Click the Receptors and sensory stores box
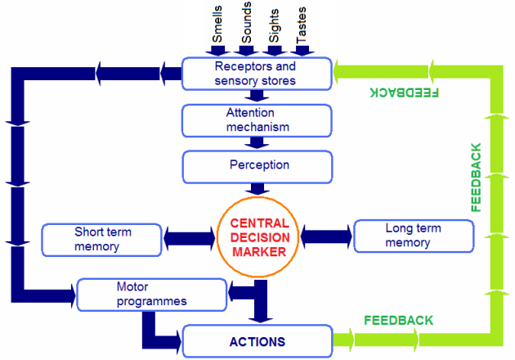[x=257, y=74]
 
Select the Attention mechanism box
[x=257, y=120]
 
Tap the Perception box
[x=257, y=167]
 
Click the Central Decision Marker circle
[x=257, y=237]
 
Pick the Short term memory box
[x=101, y=240]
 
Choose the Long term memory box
[x=414, y=236]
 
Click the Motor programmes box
[x=152, y=295]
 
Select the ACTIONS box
[x=257, y=341]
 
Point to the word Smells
[x=217, y=24]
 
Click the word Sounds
[x=246, y=22]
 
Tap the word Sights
[x=274, y=25]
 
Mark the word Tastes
[x=301, y=25]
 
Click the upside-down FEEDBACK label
[x=405, y=92]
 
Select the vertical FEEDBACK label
[x=476, y=178]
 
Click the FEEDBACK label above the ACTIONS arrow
[x=399, y=321]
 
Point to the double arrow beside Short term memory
[x=190, y=239]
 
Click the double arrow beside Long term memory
[x=326, y=236]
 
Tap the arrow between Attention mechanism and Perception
[x=257, y=143]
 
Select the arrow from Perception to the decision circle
[x=257, y=189]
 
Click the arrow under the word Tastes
[x=302, y=51]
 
